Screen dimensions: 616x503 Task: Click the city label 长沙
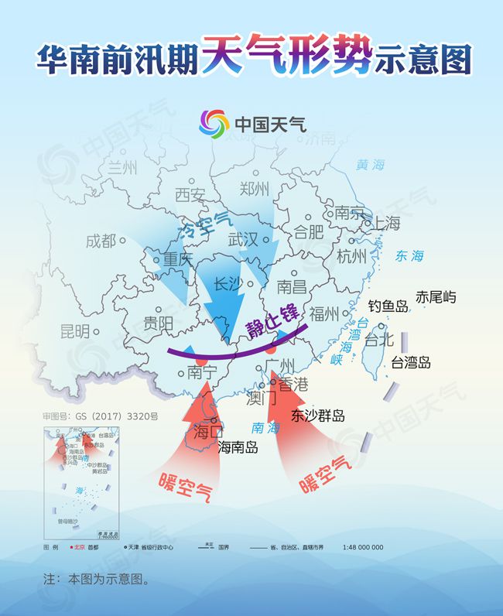227,283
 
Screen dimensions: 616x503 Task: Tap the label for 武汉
243,240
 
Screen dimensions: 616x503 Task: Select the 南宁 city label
203,372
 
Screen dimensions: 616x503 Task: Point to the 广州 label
279,364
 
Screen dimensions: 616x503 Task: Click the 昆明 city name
75,332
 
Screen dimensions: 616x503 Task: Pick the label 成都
101,241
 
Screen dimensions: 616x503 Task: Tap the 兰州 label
121,167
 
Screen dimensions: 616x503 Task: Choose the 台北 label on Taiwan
379,339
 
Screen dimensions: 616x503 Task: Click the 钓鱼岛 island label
388,306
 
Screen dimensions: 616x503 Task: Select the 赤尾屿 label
436,296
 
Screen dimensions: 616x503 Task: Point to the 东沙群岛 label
318,416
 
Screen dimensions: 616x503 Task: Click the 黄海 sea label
370,165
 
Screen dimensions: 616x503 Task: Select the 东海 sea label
410,255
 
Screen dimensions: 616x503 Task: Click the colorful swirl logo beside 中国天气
214,123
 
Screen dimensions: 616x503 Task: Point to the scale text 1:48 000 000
363,547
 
